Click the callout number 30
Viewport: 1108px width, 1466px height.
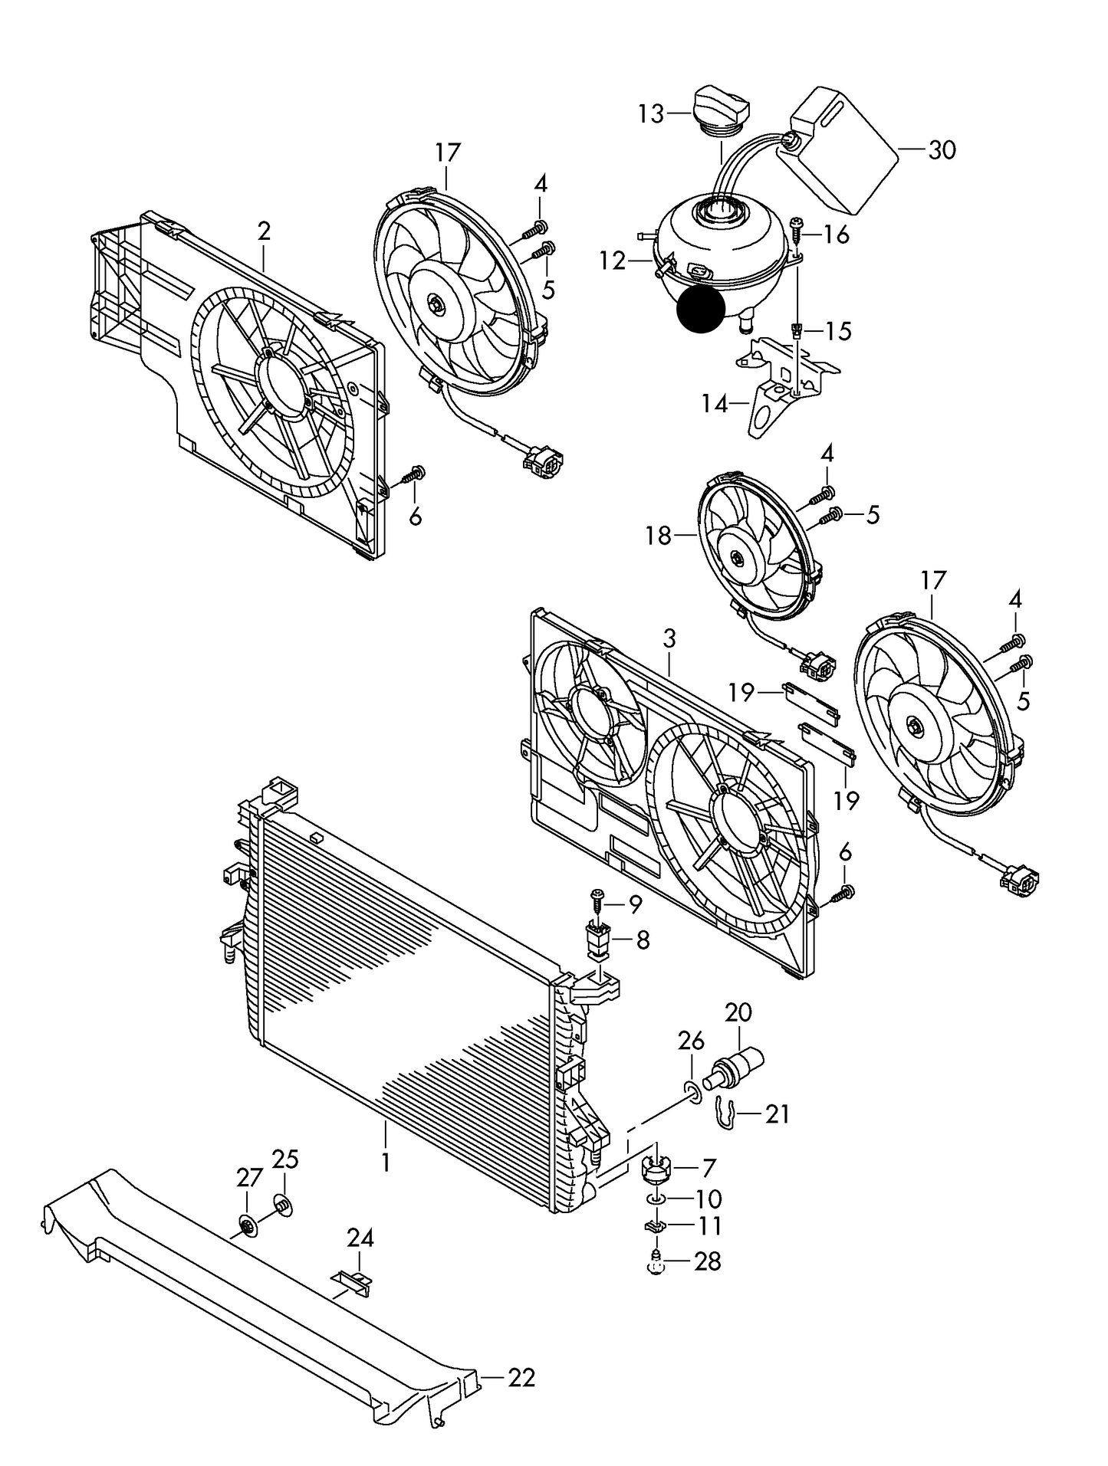pyautogui.click(x=942, y=150)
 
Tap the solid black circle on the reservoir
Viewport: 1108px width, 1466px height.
pyautogui.click(x=701, y=310)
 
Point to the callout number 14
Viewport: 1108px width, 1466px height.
pyautogui.click(x=714, y=404)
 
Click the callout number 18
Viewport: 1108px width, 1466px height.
pyautogui.click(x=659, y=536)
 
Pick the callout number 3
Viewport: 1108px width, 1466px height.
pyautogui.click(x=669, y=638)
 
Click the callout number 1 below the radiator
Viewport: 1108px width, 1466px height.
pyautogui.click(x=385, y=1162)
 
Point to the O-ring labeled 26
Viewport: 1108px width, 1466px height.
pyautogui.click(x=692, y=1092)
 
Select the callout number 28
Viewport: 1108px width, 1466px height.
pyautogui.click(x=707, y=1261)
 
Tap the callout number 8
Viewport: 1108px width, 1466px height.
pyautogui.click(x=643, y=940)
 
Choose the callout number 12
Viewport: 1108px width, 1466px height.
pyautogui.click(x=613, y=261)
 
